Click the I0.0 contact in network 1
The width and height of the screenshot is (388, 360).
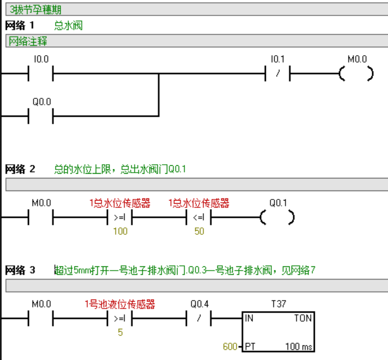pyautogui.click(x=41, y=74)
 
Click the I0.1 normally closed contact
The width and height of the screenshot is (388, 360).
pyautogui.click(x=277, y=74)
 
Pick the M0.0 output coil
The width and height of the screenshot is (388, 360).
pyautogui.click(x=356, y=74)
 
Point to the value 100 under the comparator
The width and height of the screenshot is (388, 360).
pyautogui.click(x=120, y=231)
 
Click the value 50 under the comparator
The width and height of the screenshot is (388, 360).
pyautogui.click(x=199, y=231)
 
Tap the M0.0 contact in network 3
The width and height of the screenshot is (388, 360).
pyautogui.click(x=41, y=318)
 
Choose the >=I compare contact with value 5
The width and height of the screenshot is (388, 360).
pyautogui.click(x=120, y=318)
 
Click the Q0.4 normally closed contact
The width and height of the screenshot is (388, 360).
pyautogui.click(x=198, y=318)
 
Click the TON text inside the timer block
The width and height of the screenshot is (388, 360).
pyautogui.click(x=302, y=318)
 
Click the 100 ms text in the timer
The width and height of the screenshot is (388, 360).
pyautogui.click(x=299, y=347)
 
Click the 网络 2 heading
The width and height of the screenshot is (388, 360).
pyautogui.click(x=20, y=169)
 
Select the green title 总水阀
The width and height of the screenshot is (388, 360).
pyautogui.click(x=68, y=26)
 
